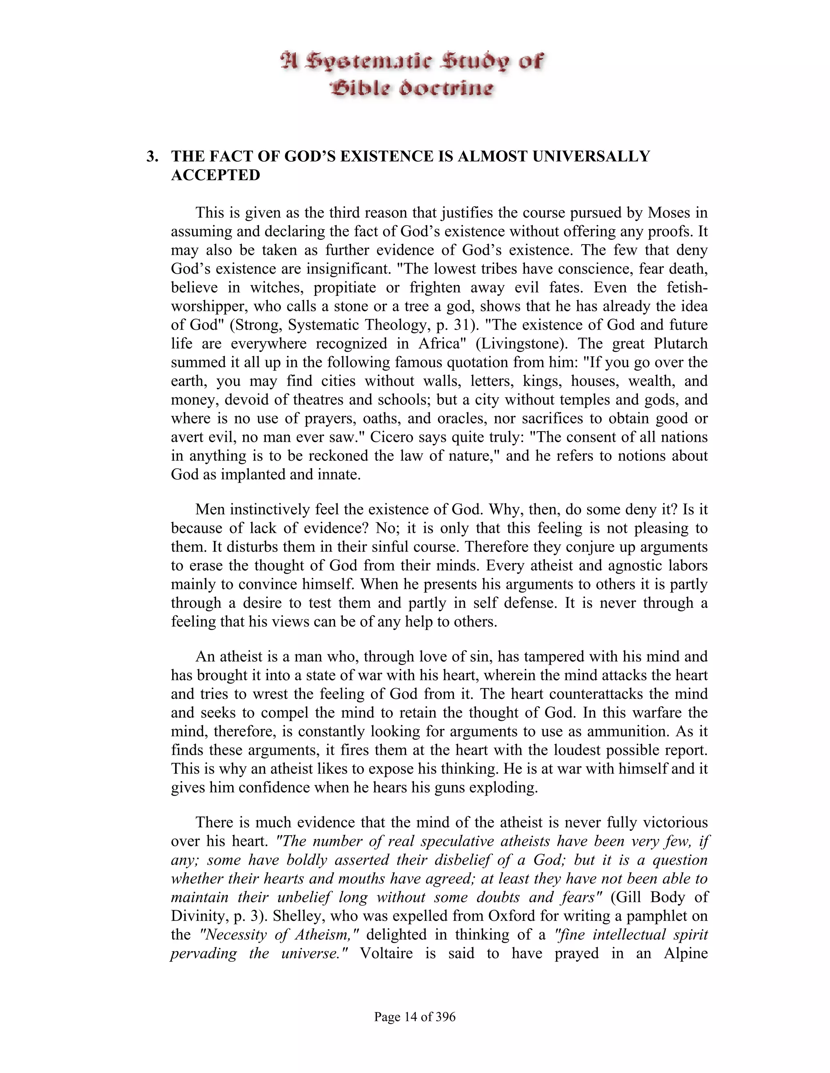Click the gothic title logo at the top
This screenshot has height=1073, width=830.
pos(412,75)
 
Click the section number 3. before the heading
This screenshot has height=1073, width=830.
pos(152,157)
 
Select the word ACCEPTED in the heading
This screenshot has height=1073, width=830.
pos(215,175)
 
